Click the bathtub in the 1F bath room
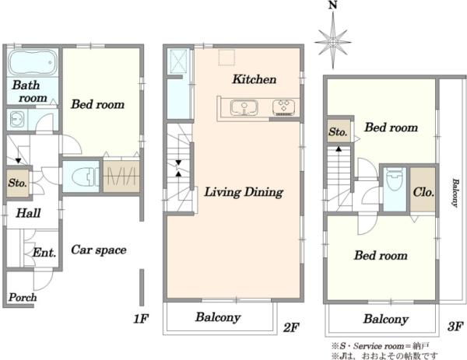pos(33,62)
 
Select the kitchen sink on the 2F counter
pos(244,108)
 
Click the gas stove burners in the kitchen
pos(284,108)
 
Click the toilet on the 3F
pos(395,180)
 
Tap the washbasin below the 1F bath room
pos(16,119)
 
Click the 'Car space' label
pos(99,250)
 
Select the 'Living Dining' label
pos(244,192)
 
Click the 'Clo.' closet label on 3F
pos(423,192)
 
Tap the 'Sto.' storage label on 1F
pos(18,183)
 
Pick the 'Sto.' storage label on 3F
pos(338,131)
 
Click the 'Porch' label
pos(23,297)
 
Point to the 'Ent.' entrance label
pos(44,253)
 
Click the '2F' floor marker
pos(290,327)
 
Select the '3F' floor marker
pos(455,327)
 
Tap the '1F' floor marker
pos(141,319)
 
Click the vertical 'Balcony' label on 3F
pos(455,193)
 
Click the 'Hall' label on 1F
pos(28,213)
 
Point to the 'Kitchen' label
pos(254,79)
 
